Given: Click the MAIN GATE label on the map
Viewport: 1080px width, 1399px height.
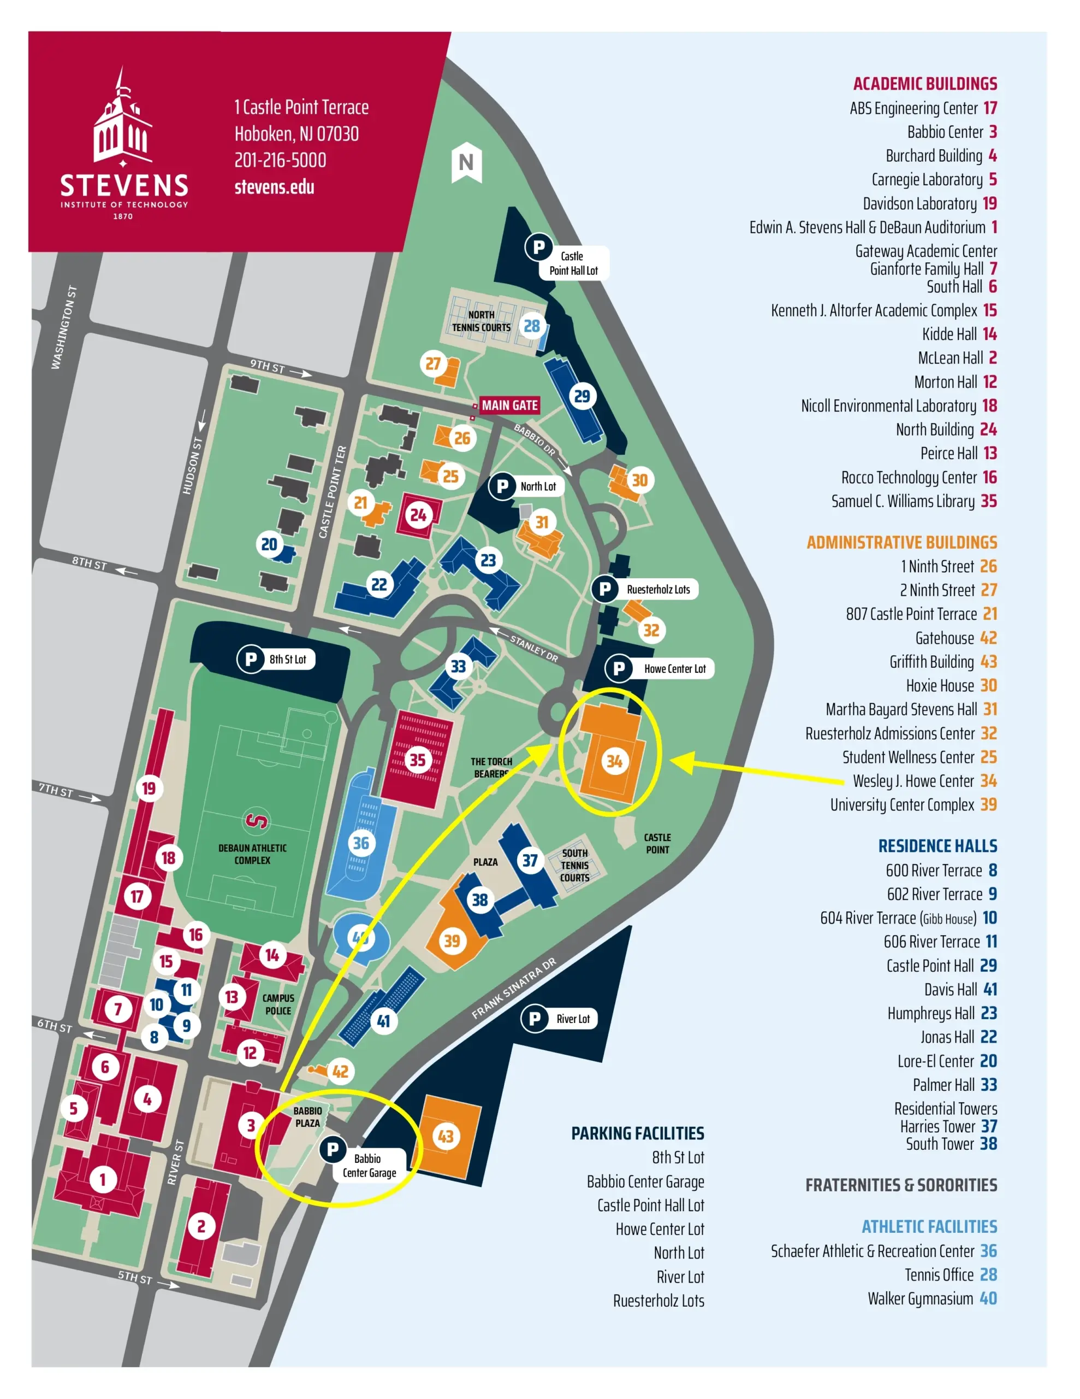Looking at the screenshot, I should (509, 405).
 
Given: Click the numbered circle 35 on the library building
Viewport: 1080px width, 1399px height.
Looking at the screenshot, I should (417, 760).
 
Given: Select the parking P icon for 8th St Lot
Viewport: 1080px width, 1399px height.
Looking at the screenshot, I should (250, 659).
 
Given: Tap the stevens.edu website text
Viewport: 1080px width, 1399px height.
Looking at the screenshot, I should (274, 187).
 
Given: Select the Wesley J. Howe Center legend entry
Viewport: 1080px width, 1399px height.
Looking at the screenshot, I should (924, 781).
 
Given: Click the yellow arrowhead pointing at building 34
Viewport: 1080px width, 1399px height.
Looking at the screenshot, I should (684, 762).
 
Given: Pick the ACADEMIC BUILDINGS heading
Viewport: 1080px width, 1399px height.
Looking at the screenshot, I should (924, 84).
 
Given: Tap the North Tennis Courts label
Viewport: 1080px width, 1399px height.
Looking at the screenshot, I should (482, 321).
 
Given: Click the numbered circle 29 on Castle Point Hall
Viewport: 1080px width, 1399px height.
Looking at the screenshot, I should (581, 396).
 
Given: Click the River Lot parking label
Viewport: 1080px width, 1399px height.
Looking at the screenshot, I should (572, 1019).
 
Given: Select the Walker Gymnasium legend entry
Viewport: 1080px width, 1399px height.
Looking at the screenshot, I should (931, 1298).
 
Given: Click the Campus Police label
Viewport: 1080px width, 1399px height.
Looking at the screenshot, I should (278, 1004).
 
